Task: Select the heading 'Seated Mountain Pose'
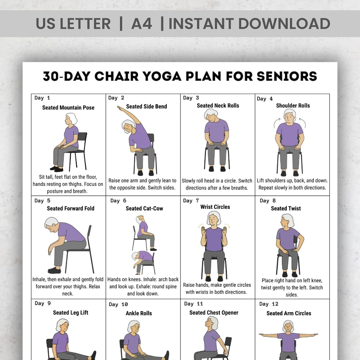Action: pos(68,108)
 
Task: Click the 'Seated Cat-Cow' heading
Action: pos(144,208)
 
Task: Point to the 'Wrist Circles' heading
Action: pos(215,207)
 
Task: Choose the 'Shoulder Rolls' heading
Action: pos(293,106)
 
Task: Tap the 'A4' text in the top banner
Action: pos(142,24)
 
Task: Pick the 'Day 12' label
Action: pos(268,304)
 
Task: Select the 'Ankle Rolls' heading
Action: pos(139,313)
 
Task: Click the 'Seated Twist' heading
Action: pos(286,208)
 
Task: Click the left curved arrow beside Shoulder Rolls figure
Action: pos(276,122)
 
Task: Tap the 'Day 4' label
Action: pos(265,99)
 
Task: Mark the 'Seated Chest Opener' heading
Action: pos(214,313)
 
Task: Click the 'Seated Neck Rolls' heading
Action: pos(218,106)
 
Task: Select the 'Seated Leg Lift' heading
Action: pos(71,313)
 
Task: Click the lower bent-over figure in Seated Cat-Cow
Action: pos(143,259)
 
